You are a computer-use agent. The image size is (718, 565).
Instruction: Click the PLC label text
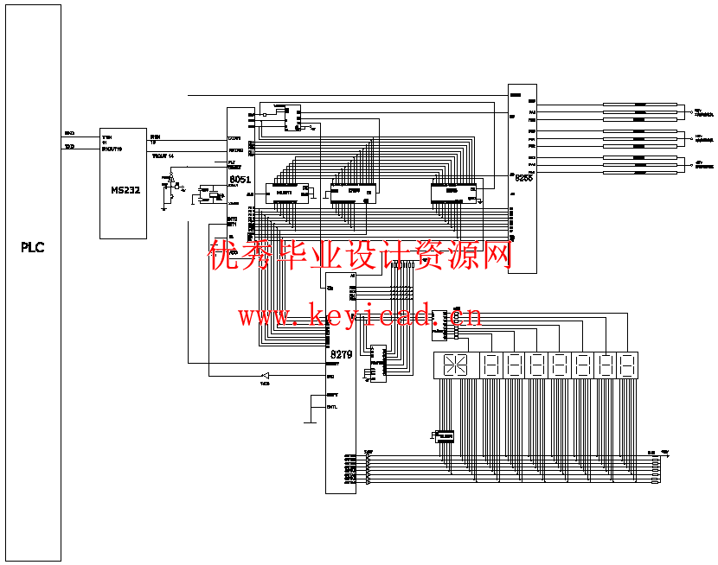click(32, 248)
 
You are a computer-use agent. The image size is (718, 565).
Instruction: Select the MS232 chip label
click(125, 190)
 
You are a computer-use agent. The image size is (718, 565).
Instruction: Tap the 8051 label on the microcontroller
click(240, 180)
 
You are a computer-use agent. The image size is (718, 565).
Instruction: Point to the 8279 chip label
click(341, 354)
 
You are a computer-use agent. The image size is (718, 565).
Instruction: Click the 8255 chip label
click(522, 180)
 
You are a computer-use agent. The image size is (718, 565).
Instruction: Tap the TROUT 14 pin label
click(163, 156)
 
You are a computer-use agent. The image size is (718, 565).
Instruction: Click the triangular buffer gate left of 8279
click(266, 376)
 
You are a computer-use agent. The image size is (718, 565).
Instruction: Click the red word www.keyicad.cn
click(360, 316)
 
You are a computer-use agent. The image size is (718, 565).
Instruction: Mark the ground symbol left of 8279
click(310, 422)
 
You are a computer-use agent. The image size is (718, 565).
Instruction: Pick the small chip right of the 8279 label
click(378, 363)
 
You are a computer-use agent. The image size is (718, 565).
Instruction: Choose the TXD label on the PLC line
click(69, 146)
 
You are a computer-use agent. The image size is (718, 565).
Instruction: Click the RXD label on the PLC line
click(69, 134)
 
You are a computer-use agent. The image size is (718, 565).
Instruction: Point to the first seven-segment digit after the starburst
click(490, 365)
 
